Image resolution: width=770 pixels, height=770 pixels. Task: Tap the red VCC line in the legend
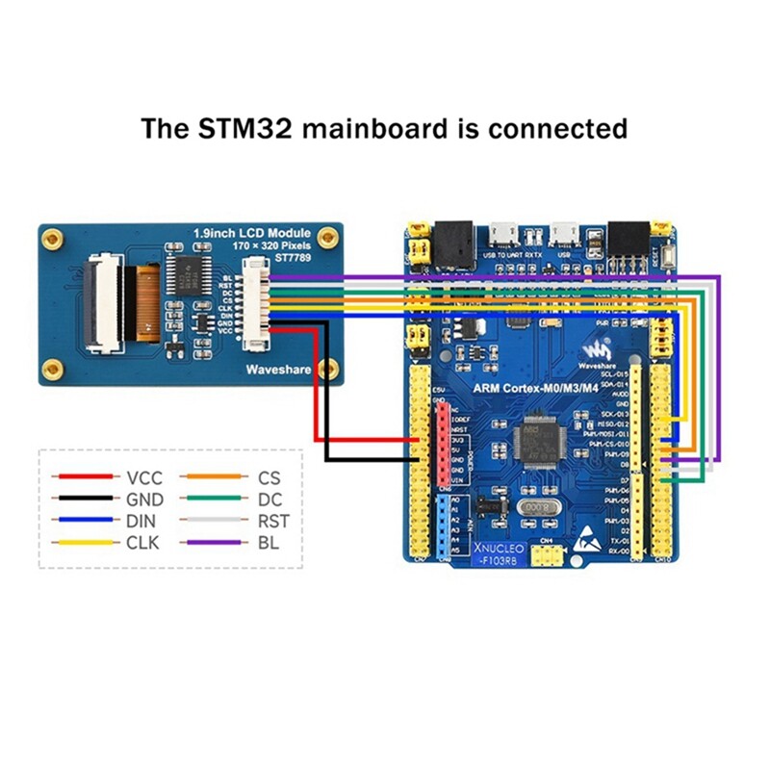click(88, 476)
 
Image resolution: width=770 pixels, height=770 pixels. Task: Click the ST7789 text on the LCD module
click(295, 258)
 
